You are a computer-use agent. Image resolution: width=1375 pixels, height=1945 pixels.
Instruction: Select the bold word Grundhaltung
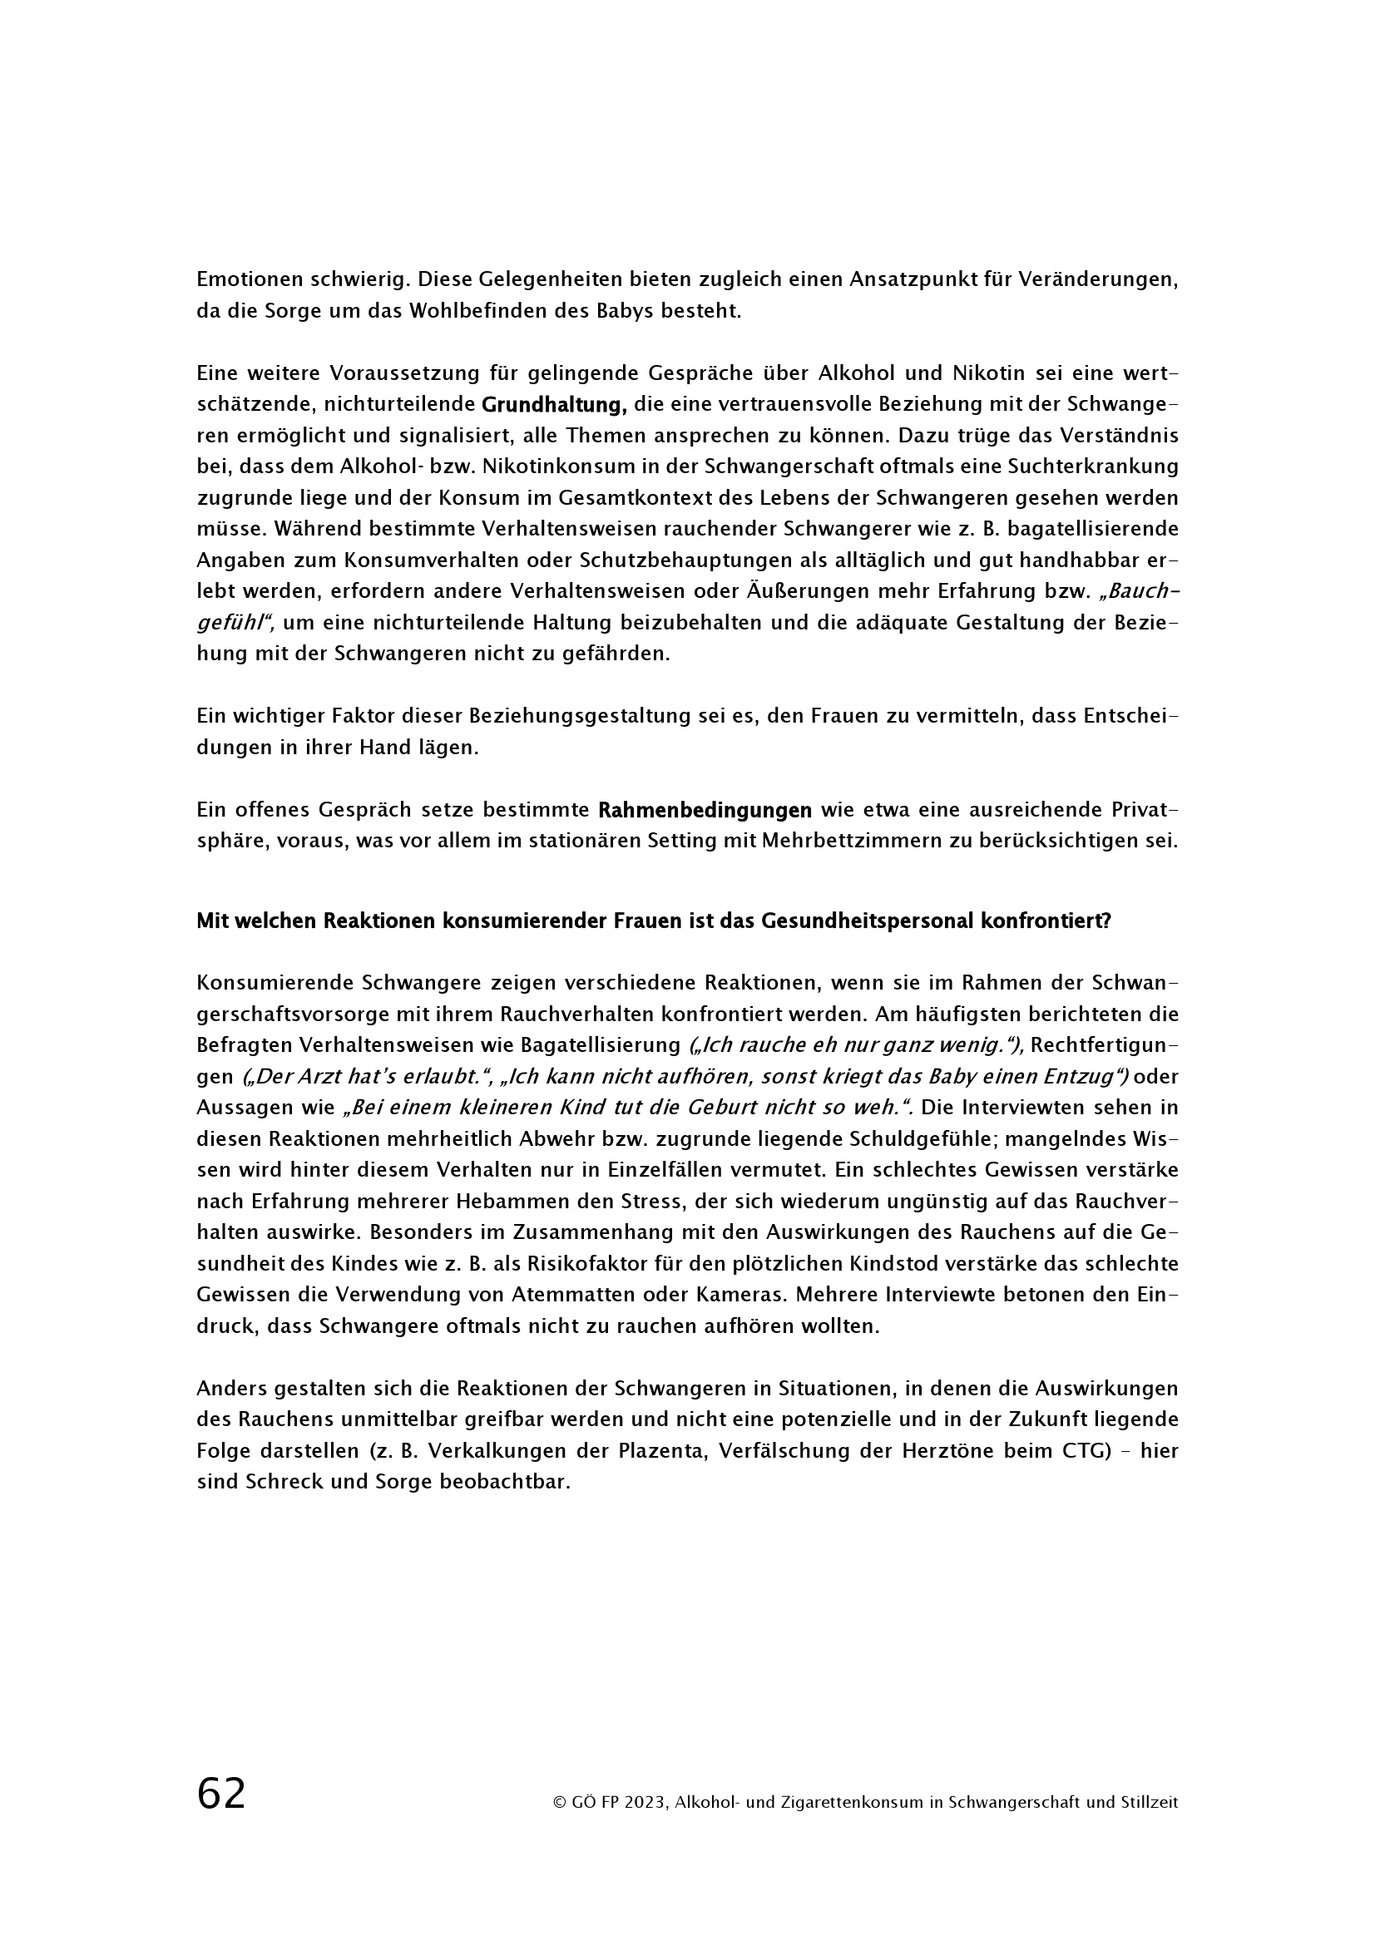coord(553,405)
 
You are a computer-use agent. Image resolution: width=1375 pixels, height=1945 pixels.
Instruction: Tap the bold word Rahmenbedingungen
coord(705,811)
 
